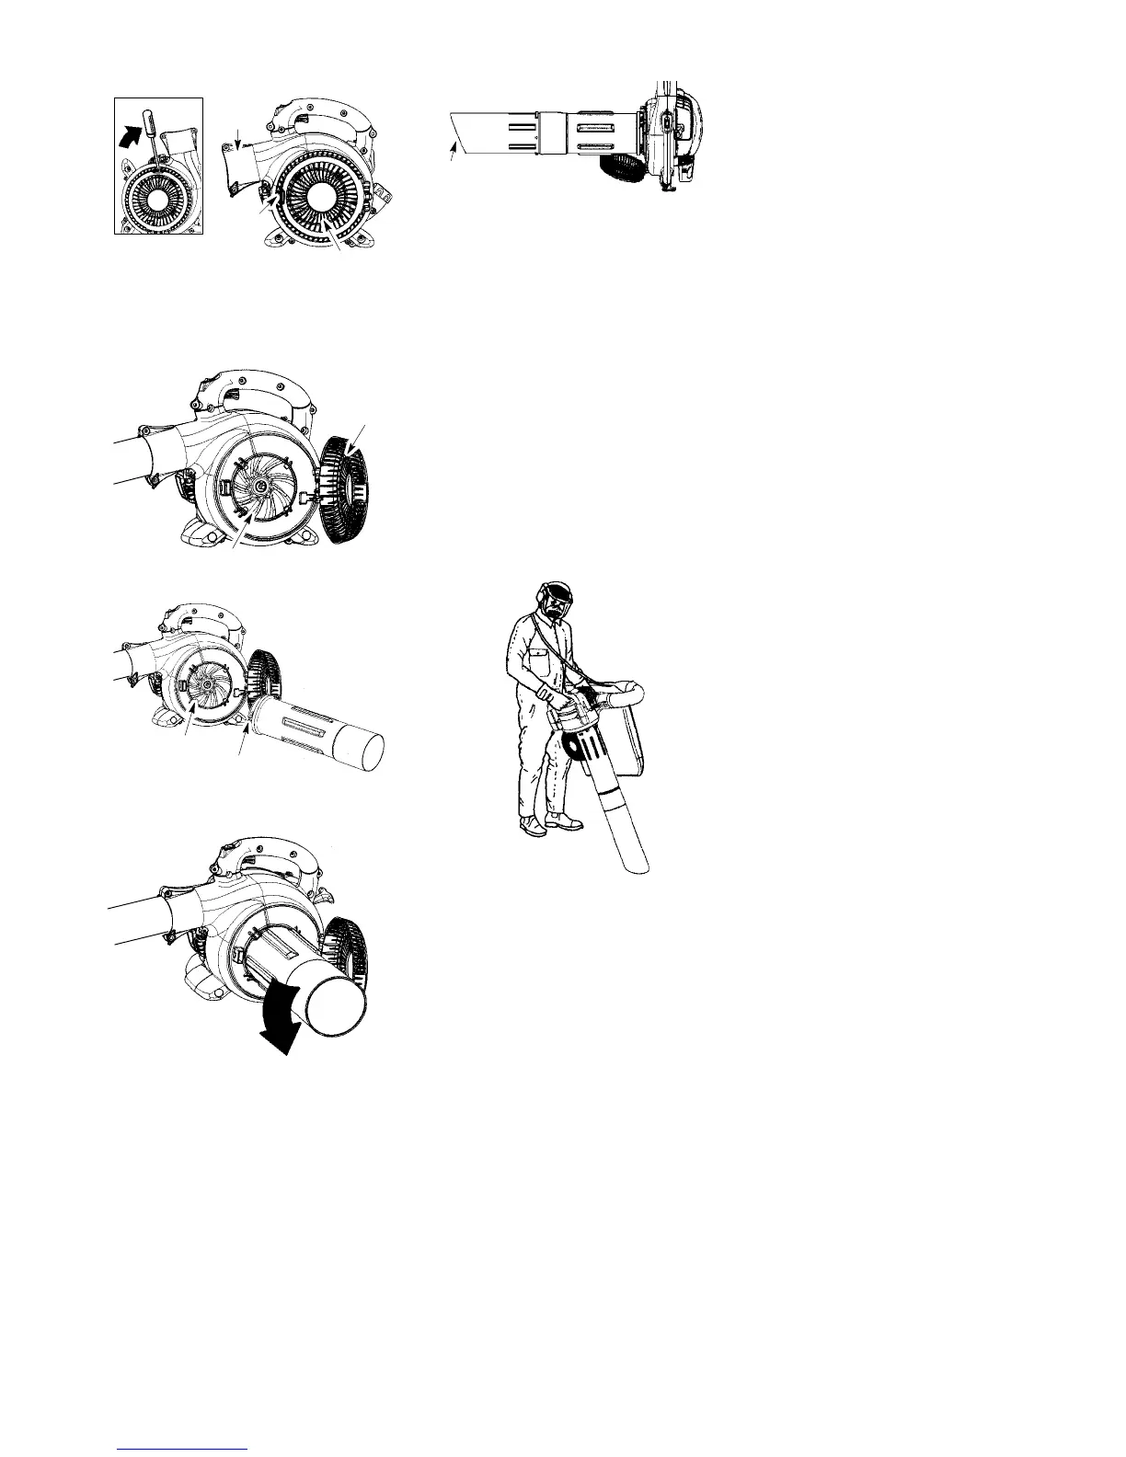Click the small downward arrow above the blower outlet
coord(238,139)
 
